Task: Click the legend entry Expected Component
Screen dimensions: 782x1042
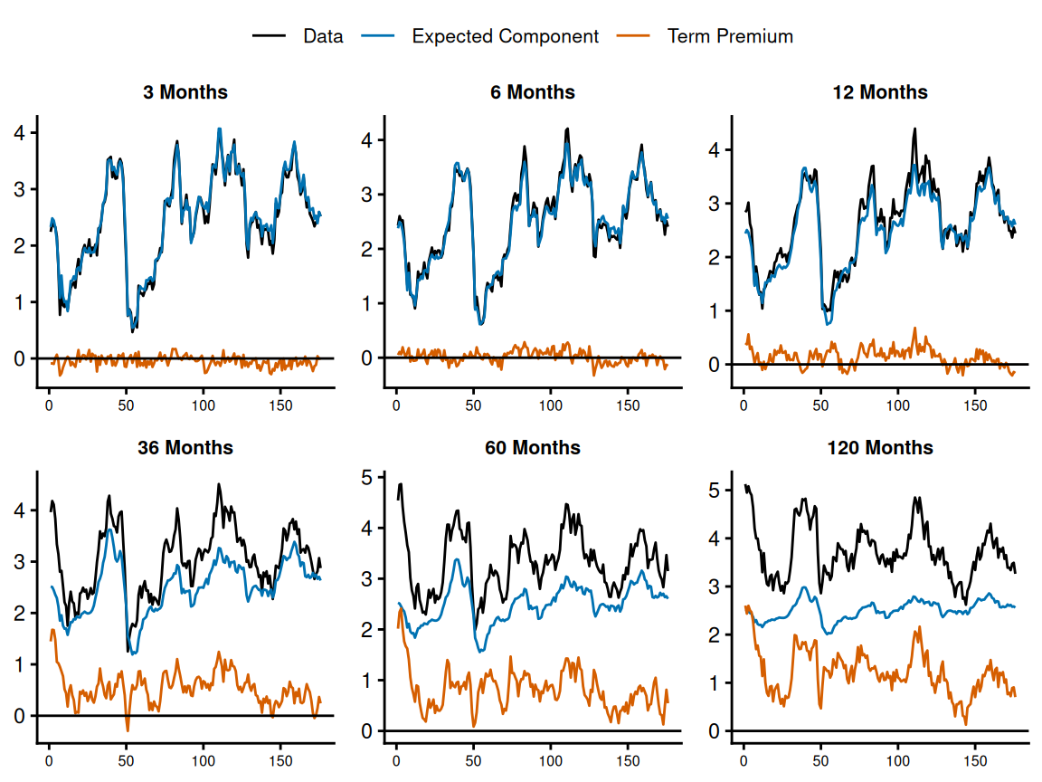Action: coord(505,36)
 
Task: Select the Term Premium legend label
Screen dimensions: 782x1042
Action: coord(729,36)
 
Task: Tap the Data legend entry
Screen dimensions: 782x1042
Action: coord(323,36)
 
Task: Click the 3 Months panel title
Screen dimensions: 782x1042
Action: coord(185,92)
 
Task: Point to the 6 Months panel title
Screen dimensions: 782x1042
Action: coord(533,92)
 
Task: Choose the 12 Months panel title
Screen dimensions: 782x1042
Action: coord(880,92)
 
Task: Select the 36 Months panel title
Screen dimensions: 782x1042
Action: coord(185,448)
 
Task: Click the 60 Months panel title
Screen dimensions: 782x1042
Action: coord(533,448)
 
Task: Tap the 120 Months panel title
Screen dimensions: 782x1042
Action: coord(880,448)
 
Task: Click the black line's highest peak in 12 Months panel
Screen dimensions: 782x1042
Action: coord(914,129)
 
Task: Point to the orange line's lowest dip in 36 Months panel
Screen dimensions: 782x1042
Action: coord(128,730)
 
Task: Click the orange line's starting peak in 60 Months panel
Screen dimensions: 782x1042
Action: coord(401,608)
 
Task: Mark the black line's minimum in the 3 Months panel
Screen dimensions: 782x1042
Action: coord(132,332)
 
